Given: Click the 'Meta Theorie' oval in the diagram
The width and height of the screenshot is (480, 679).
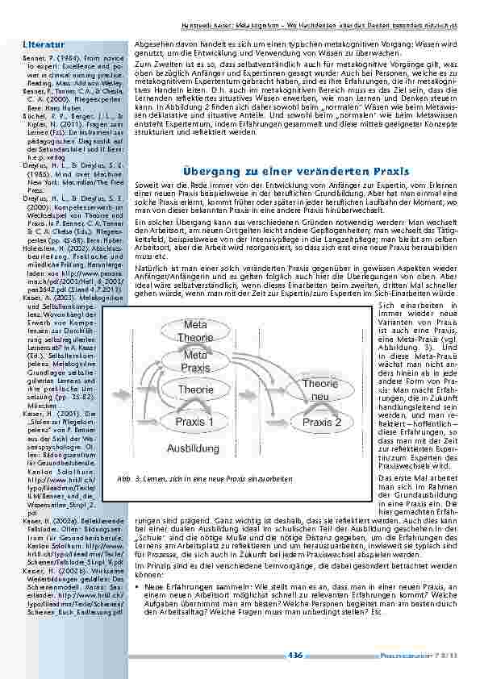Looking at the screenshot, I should [195, 331].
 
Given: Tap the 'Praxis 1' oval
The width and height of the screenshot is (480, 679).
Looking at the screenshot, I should [195, 421].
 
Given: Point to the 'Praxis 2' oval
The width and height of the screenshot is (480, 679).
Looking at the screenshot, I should [321, 423].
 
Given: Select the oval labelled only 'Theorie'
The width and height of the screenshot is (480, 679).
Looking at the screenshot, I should [195, 390].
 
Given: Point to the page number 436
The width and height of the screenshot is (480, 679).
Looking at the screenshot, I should [294, 655].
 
